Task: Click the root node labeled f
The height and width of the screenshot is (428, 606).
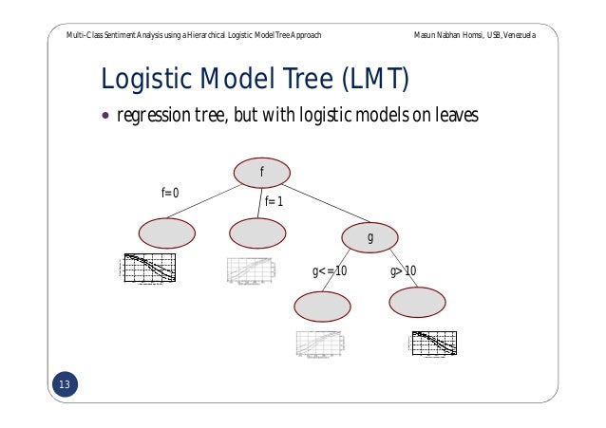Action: pyautogui.click(x=261, y=172)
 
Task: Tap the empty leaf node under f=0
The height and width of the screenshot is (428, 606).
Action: pyautogui.click(x=166, y=233)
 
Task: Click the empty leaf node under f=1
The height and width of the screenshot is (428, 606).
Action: pyautogui.click(x=257, y=233)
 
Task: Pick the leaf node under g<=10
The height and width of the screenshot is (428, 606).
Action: pyautogui.click(x=323, y=306)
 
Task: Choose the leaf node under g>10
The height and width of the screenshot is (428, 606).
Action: pyautogui.click(x=417, y=302)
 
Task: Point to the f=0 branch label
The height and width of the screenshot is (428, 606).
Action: pyautogui.click(x=170, y=193)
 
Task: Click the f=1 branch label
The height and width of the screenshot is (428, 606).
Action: pyautogui.click(x=275, y=201)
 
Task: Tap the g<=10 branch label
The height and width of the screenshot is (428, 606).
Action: pyautogui.click(x=330, y=272)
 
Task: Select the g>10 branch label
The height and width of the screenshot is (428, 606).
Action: pyautogui.click(x=404, y=272)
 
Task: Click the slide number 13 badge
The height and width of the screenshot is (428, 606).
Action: pyautogui.click(x=65, y=384)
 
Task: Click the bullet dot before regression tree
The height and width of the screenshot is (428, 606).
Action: pyautogui.click(x=104, y=118)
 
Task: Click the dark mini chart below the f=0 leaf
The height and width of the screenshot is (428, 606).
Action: pyautogui.click(x=150, y=269)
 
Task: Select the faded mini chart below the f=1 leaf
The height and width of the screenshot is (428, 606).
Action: pyautogui.click(x=251, y=270)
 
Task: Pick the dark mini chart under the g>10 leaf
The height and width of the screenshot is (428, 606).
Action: pyautogui.click(x=434, y=344)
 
